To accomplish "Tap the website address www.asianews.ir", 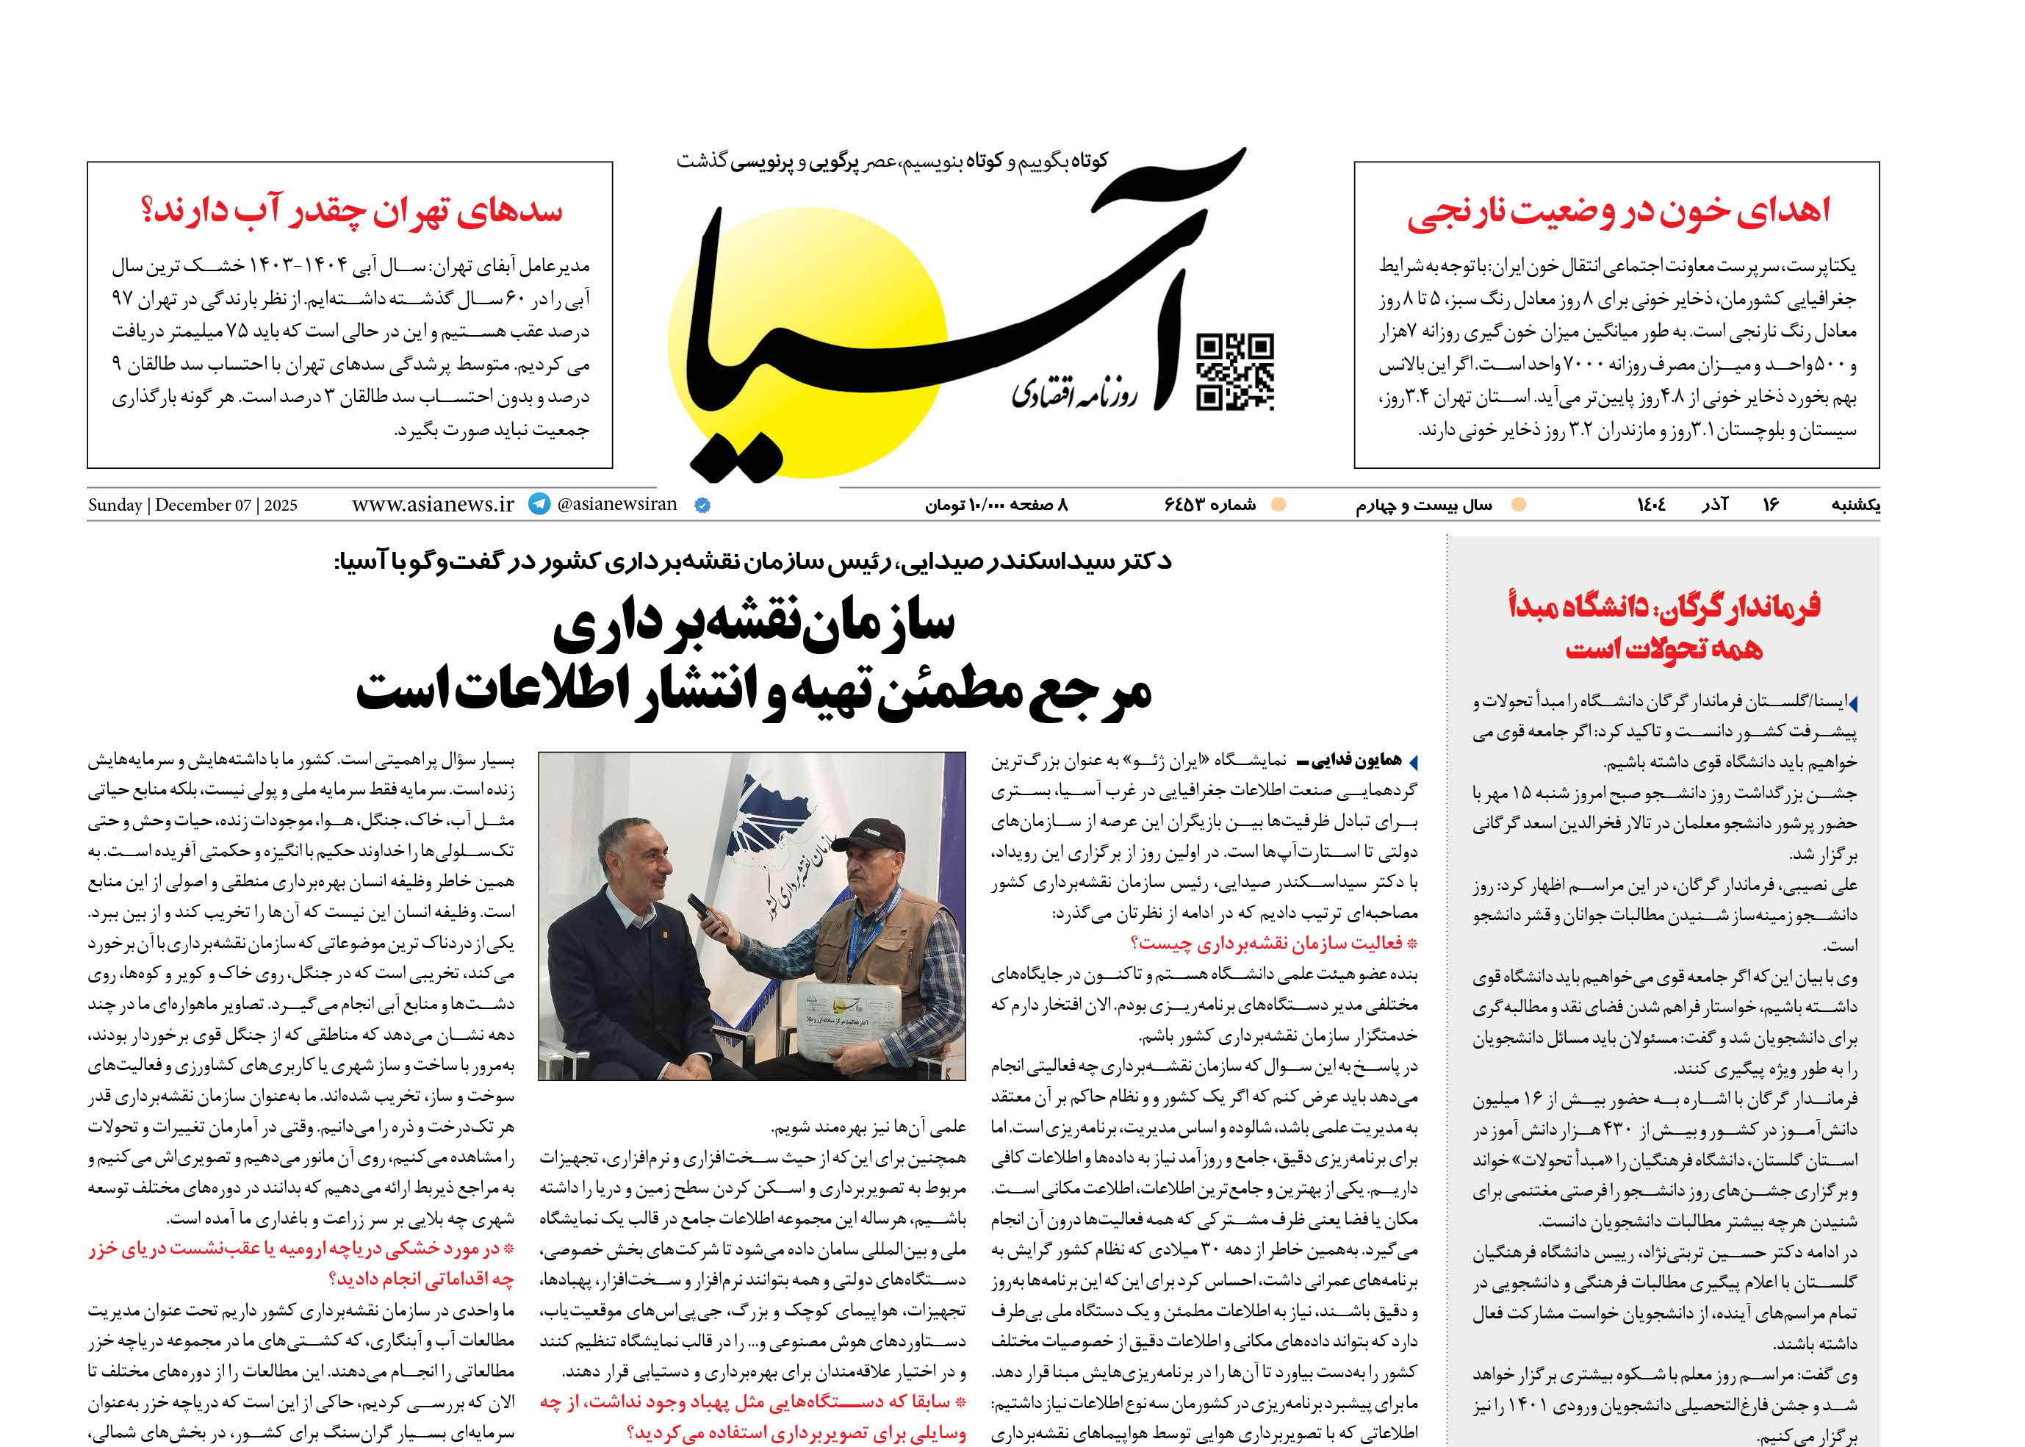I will coord(433,504).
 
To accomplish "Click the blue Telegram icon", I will coord(539,504).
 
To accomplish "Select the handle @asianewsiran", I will coord(616,504).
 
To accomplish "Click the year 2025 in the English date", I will coord(281,505).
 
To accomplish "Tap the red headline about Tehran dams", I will coord(351,210).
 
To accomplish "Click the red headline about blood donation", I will coord(1618,211).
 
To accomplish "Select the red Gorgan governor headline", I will coord(1663,626).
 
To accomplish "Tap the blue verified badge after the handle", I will coord(702,505).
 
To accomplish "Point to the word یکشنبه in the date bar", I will coord(1855,505).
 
